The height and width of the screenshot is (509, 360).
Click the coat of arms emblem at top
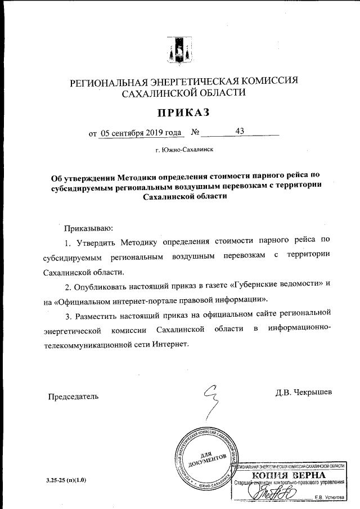tap(179, 51)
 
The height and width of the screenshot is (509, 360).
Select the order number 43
tap(240, 131)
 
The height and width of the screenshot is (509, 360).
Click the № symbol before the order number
tap(196, 133)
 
